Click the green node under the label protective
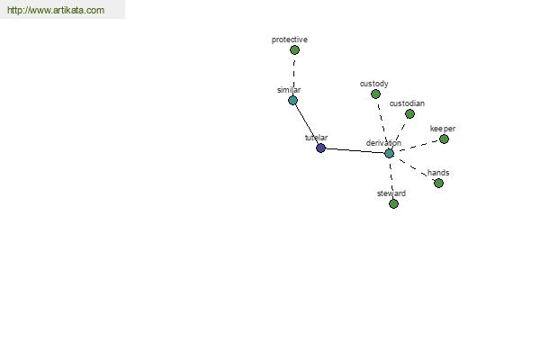(x=294, y=50)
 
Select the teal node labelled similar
(x=292, y=101)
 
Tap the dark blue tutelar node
(x=320, y=148)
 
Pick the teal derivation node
(x=389, y=154)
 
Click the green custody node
(x=375, y=94)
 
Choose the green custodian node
(x=409, y=114)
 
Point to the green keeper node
(x=444, y=139)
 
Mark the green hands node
(x=438, y=184)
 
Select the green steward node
(x=393, y=204)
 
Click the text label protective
(x=289, y=40)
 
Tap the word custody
(x=374, y=84)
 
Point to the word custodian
(x=407, y=103)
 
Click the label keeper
(x=443, y=129)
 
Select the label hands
(x=438, y=173)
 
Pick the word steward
(x=391, y=193)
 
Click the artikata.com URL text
(x=56, y=10)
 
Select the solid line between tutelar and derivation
(x=355, y=151)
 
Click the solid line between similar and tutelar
(x=307, y=124)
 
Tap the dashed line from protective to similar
(x=293, y=76)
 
